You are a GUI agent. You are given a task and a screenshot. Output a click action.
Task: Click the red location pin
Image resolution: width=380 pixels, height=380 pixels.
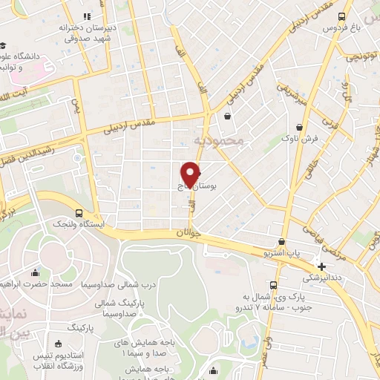pyautogui.click(x=191, y=173)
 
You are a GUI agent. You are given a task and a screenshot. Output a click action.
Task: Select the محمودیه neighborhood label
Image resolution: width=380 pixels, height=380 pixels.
pyautogui.click(x=218, y=140)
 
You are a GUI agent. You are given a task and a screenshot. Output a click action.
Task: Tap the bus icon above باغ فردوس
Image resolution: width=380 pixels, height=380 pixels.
pyautogui.click(x=341, y=16)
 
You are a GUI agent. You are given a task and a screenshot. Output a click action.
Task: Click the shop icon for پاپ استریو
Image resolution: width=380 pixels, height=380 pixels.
pyautogui.click(x=281, y=241)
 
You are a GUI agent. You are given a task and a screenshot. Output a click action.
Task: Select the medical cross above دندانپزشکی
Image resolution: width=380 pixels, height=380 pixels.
pyautogui.click(x=321, y=266)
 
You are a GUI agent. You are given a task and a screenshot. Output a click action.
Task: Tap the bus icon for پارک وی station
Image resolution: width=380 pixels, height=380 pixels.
pyautogui.click(x=274, y=286)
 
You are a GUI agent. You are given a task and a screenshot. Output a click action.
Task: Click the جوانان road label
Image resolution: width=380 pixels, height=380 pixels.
pyautogui.click(x=189, y=232)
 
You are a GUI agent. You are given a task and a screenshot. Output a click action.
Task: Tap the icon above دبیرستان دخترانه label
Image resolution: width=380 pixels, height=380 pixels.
pyautogui.click(x=87, y=16)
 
